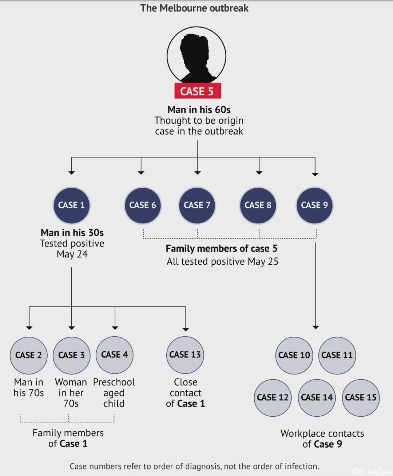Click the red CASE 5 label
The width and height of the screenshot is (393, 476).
point(198,91)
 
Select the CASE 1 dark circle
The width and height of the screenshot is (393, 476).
point(72,205)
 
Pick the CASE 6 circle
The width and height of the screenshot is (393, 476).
point(143,205)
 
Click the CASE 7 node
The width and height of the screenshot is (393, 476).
point(197,205)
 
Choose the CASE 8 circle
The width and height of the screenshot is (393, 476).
point(258,205)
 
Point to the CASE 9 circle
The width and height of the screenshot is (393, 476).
point(314,205)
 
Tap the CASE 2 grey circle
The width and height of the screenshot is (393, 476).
point(28,355)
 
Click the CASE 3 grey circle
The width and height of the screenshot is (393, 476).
point(71,355)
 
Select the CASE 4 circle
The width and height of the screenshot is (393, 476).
point(115,355)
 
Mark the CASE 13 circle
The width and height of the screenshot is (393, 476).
point(185,355)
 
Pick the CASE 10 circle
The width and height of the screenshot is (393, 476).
point(294,355)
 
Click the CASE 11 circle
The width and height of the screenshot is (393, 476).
point(337,355)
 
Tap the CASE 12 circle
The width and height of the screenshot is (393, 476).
point(273,398)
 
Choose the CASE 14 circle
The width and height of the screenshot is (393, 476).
point(317,398)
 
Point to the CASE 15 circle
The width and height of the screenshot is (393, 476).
point(361,398)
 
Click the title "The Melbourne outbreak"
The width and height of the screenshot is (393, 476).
point(194,8)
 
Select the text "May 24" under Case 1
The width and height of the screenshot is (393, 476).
point(72,254)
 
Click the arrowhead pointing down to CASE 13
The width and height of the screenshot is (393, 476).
point(186,330)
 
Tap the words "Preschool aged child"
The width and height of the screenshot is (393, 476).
point(114,393)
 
